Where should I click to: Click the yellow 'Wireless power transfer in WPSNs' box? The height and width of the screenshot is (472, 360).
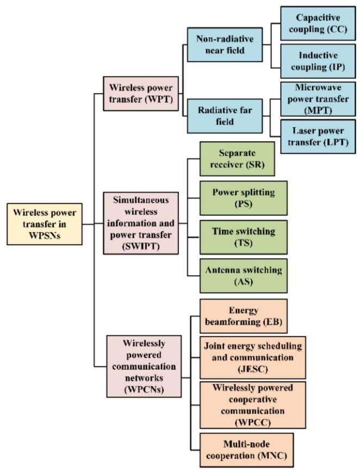(x=45, y=224)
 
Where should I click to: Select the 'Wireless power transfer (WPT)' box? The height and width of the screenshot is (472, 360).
(x=141, y=94)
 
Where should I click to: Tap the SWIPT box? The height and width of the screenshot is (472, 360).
(x=141, y=223)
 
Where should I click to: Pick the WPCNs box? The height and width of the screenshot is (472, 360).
(x=144, y=367)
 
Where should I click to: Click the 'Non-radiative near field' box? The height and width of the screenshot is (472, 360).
(x=225, y=45)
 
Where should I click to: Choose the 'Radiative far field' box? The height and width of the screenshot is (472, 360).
(x=225, y=116)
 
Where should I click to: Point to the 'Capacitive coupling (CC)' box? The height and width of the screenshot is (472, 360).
(x=318, y=23)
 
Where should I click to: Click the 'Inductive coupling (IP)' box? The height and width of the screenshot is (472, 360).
(x=318, y=61)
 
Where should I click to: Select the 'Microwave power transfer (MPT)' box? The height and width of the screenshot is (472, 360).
(x=318, y=99)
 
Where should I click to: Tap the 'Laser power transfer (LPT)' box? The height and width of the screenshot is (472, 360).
(x=318, y=136)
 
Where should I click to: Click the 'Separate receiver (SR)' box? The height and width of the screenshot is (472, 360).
(x=237, y=159)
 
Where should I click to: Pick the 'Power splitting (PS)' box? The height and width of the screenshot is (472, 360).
(x=244, y=198)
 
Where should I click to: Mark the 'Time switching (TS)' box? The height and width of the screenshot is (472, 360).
(x=244, y=237)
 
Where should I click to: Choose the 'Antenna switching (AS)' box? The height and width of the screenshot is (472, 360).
(x=244, y=276)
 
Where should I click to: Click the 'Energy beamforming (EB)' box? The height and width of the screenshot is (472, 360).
(x=244, y=316)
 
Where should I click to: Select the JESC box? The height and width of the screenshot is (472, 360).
(x=253, y=358)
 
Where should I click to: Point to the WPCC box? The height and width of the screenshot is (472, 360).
(x=253, y=405)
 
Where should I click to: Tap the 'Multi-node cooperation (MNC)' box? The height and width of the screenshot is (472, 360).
(x=246, y=450)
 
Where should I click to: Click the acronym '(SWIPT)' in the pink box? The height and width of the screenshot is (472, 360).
(x=141, y=246)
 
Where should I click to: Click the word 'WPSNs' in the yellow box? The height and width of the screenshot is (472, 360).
(x=45, y=235)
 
